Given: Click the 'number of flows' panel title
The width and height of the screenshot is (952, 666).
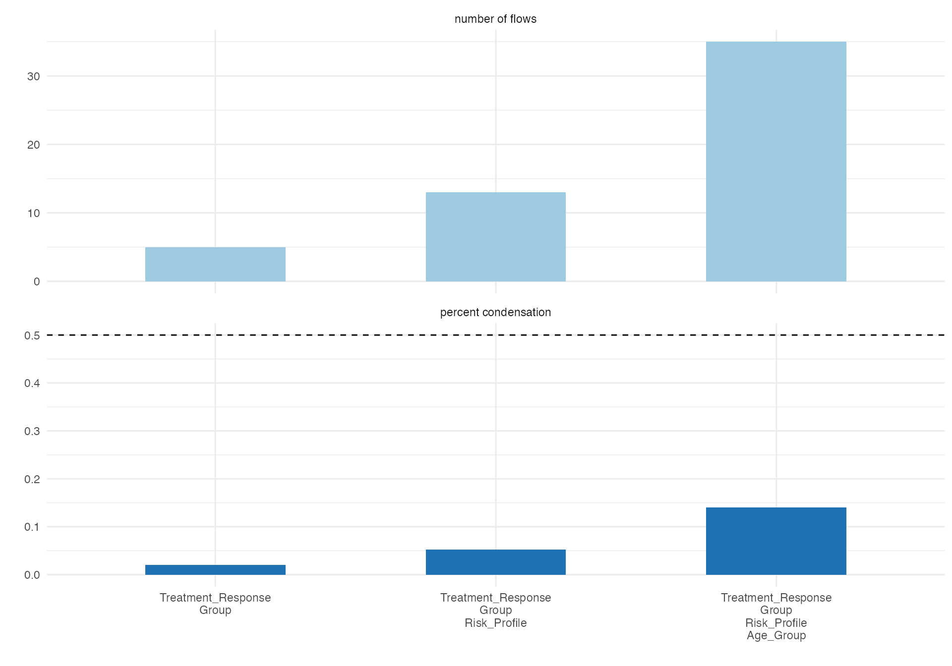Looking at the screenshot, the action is (x=495, y=19).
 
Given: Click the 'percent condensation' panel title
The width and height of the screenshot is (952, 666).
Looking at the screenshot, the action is (x=495, y=312).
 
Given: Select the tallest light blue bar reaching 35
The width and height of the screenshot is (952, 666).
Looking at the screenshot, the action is (x=776, y=162).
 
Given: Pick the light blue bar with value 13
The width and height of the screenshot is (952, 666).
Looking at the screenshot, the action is (x=495, y=237).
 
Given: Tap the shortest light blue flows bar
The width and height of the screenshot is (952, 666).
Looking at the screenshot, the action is (x=215, y=264).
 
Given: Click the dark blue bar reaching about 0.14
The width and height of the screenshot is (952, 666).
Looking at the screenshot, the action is (x=776, y=541).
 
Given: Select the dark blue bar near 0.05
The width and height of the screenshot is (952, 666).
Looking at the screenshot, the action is (x=495, y=562).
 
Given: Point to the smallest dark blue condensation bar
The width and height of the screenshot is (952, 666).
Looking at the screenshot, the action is (x=215, y=570).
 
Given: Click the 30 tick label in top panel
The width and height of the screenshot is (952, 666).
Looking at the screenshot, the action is (x=34, y=76).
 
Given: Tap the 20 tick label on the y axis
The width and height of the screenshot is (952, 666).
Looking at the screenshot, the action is (x=34, y=145).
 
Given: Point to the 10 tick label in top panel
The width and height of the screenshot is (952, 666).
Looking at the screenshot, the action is (x=34, y=213).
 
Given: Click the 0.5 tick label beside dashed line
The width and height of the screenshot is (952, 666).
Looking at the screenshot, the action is (x=32, y=335).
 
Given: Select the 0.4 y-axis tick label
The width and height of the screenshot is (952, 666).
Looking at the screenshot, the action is (x=32, y=383).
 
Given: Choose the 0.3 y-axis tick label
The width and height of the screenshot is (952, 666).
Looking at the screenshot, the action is (x=32, y=431).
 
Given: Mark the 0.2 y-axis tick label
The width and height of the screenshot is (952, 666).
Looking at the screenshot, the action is (x=32, y=479).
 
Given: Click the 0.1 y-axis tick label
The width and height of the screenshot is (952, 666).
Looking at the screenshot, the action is (x=32, y=527).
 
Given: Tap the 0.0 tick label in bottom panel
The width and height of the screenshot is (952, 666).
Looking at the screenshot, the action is (x=32, y=575).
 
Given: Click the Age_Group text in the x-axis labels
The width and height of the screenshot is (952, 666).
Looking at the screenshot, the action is (x=776, y=636).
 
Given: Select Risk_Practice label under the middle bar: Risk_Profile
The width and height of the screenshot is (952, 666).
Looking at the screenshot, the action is (x=495, y=623).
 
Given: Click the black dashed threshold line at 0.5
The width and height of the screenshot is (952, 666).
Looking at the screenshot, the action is (x=495, y=335).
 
